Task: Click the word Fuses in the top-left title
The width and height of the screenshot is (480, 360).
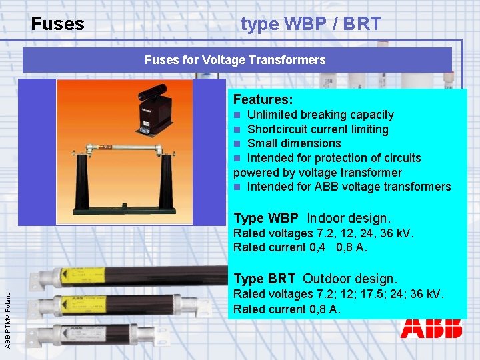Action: [x=57, y=25]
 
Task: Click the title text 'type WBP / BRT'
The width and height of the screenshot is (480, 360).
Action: [x=311, y=25]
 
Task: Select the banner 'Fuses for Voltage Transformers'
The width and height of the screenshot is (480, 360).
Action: [x=235, y=60]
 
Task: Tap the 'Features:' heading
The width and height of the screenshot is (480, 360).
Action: [x=263, y=99]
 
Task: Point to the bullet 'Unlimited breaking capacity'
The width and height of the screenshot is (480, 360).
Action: [x=319, y=115]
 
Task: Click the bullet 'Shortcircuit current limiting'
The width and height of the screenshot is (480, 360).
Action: [x=317, y=129]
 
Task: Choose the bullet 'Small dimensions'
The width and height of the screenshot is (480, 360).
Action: [x=293, y=143]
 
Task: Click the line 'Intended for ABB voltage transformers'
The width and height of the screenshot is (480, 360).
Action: [x=348, y=187]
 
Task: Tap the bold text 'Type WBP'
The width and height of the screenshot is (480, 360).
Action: [x=265, y=218]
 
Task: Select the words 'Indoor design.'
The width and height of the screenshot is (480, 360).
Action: [x=349, y=218]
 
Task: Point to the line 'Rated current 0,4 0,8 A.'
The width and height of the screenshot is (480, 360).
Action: [x=300, y=247]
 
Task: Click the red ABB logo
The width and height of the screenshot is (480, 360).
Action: [x=431, y=328]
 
